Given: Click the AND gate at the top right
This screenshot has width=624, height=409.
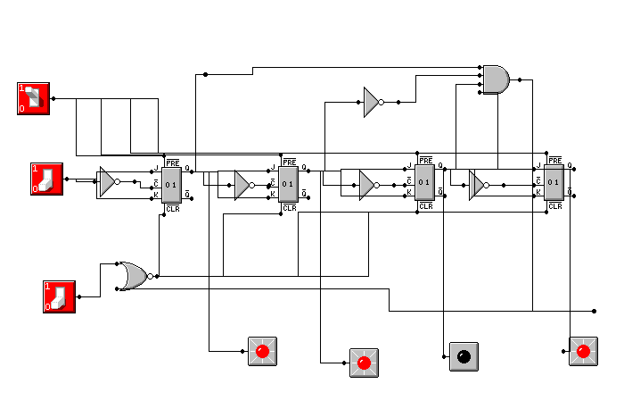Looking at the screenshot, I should click(x=496, y=79).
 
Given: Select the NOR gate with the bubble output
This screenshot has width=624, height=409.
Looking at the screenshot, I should click(x=135, y=275).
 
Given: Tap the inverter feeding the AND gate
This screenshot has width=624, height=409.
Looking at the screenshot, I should click(x=372, y=102).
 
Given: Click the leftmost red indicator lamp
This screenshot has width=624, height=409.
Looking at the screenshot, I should click(x=262, y=352).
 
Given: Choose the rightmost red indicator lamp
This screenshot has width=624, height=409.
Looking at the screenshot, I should click(x=584, y=351).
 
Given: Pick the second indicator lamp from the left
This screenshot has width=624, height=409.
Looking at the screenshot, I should click(x=364, y=363).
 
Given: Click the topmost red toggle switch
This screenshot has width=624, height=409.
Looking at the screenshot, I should click(x=33, y=97).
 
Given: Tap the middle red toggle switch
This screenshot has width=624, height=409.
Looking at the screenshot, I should click(x=46, y=178).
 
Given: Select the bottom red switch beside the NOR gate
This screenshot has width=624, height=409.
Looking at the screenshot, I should click(x=59, y=296).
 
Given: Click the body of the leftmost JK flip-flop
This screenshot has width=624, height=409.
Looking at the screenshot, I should click(x=171, y=184).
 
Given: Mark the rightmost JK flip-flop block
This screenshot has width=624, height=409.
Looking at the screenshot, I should click(x=554, y=184).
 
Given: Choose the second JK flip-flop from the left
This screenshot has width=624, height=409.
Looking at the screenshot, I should click(x=288, y=184).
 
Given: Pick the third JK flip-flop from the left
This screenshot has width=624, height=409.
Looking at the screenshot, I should click(x=425, y=184).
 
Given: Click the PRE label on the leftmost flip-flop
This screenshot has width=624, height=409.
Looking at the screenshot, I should click(x=172, y=162).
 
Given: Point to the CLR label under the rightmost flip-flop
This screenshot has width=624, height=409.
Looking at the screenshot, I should click(x=555, y=206).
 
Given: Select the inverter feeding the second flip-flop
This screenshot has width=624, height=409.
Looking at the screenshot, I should click(x=242, y=185).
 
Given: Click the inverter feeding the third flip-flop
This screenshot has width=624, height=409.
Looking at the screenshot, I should click(x=366, y=185).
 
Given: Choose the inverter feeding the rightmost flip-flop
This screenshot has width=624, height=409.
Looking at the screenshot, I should click(x=477, y=185).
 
